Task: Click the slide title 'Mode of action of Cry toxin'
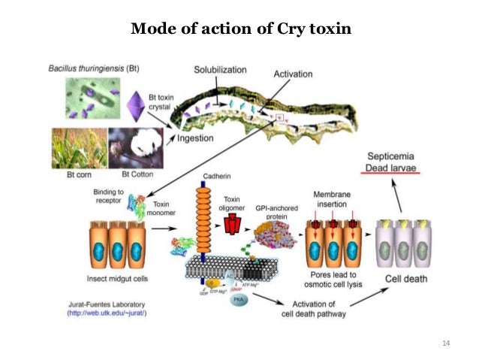(239, 29)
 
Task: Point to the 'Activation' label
(294, 74)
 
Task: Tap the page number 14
(445, 343)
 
